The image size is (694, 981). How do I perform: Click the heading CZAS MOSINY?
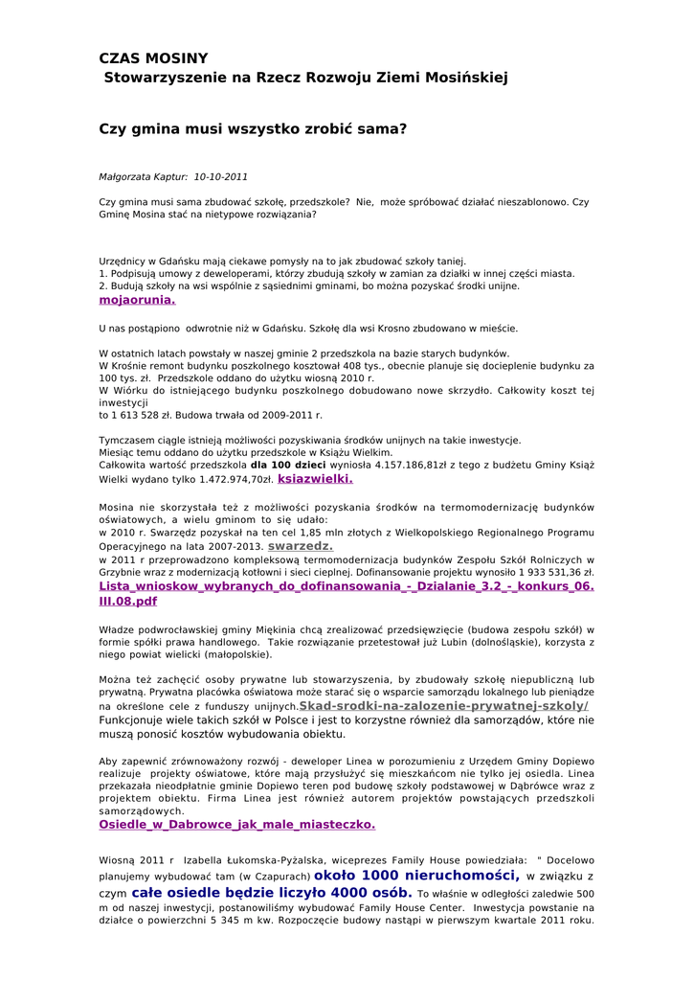pos(153,58)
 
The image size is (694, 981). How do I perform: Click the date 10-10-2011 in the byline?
pos(220,177)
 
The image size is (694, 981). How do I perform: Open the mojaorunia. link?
pos(137,299)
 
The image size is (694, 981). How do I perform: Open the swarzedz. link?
pos(300,545)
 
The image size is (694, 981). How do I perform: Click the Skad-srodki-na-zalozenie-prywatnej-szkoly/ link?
pos(443,705)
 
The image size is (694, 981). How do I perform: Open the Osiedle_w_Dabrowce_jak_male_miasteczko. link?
pos(236,823)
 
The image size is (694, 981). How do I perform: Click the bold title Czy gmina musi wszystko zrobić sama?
pos(253,126)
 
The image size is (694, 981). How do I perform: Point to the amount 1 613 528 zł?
pos(141,416)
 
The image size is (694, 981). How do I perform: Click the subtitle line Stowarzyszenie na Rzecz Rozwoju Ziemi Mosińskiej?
pos(305,77)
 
